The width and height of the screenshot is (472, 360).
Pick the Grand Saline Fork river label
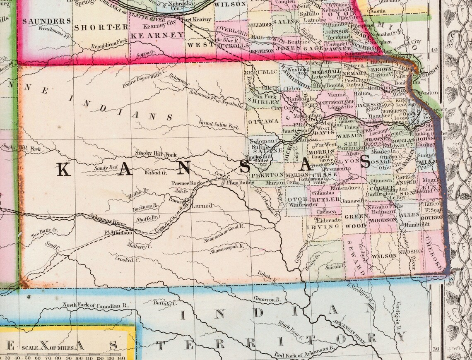[x=219, y=125]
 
